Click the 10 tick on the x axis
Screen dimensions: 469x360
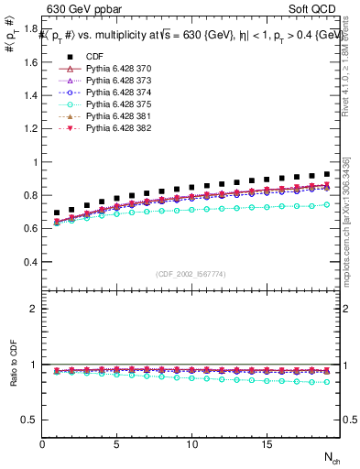(x=191, y=444)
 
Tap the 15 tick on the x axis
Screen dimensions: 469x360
(x=266, y=444)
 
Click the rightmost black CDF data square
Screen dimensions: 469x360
(x=327, y=174)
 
